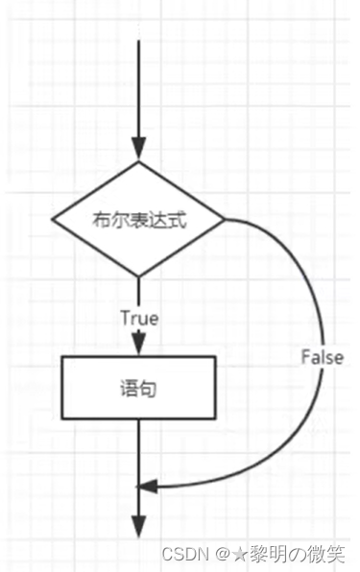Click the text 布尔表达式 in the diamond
(139, 219)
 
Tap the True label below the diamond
(139, 316)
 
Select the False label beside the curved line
(322, 356)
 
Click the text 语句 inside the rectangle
(140, 388)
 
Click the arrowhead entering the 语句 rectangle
(139, 345)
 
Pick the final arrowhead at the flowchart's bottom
(140, 526)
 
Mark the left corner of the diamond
(52, 219)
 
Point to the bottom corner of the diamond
(139, 277)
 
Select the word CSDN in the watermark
(180, 554)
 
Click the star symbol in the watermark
(236, 554)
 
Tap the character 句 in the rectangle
(149, 388)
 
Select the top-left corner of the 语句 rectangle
(62, 358)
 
